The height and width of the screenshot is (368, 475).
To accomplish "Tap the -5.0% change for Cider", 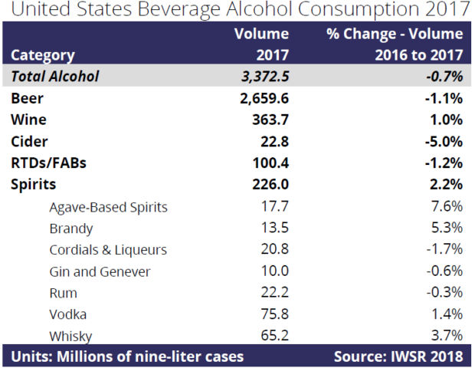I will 442,142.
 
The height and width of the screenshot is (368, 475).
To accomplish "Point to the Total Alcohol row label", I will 55,76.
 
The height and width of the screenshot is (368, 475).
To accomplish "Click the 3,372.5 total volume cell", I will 257,76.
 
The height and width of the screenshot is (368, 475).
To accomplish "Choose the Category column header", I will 43,54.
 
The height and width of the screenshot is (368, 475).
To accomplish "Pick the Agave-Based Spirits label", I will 108,207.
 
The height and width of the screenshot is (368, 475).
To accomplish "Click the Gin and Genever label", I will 100,271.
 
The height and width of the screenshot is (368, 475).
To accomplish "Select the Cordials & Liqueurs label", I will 108,250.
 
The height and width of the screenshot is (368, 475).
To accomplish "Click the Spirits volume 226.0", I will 267,185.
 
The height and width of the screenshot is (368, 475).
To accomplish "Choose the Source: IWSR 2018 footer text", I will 398,356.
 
